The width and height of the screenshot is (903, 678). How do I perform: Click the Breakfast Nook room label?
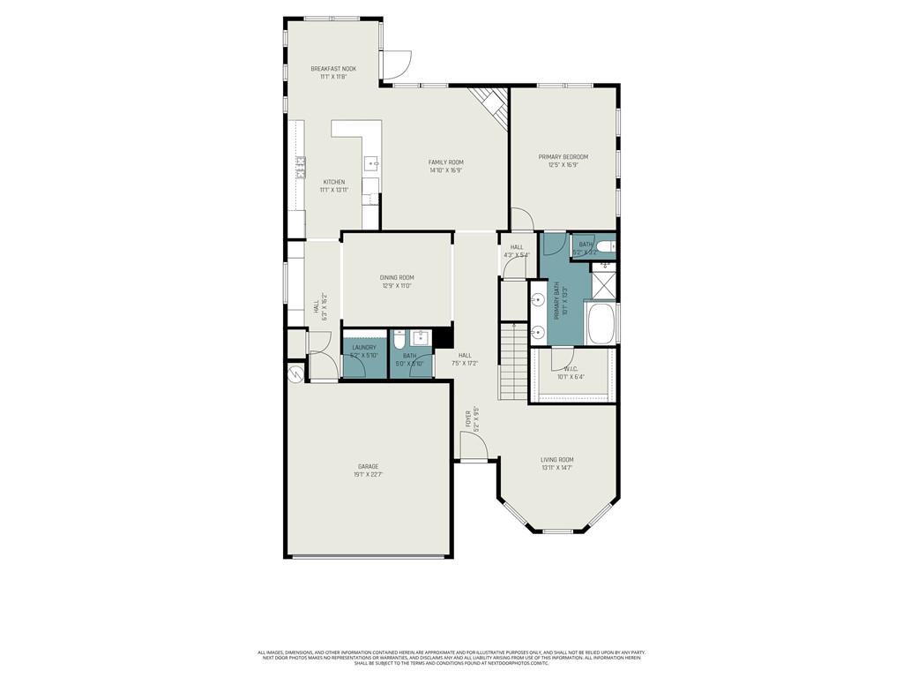click(333, 69)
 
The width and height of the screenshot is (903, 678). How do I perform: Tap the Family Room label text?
click(445, 162)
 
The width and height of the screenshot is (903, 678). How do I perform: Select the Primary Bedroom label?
click(563, 157)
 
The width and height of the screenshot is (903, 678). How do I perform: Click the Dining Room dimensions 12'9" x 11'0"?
click(397, 286)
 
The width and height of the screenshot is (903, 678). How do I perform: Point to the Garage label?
click(368, 466)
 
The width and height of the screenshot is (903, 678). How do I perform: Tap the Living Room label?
click(557, 459)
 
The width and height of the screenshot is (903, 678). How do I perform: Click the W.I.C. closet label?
click(570, 369)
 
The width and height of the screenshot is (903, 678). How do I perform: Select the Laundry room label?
click(364, 348)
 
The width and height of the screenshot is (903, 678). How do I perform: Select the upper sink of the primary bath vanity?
click(537, 300)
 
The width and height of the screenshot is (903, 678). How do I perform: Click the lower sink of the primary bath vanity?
click(537, 333)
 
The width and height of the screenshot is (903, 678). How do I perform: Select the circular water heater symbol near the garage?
click(294, 374)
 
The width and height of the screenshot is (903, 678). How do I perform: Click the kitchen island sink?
click(372, 163)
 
